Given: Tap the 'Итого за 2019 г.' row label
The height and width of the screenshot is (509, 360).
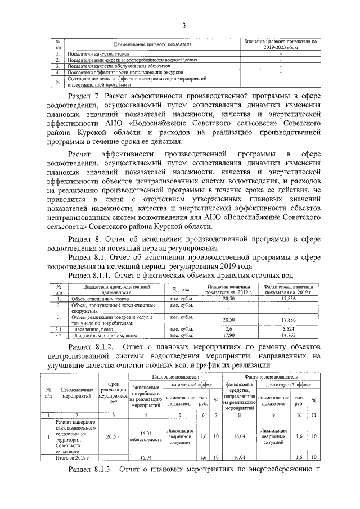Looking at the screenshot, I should point(74,458).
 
